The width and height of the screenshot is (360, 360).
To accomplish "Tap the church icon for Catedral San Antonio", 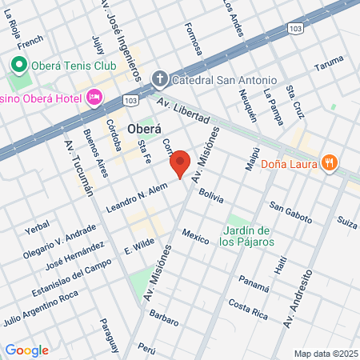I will (x=158, y=79).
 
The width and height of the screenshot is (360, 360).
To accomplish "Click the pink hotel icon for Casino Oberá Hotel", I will (x=94, y=97).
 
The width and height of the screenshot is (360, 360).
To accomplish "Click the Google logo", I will (x=26, y=350).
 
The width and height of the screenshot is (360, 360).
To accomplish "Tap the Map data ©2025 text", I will (x=324, y=353).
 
